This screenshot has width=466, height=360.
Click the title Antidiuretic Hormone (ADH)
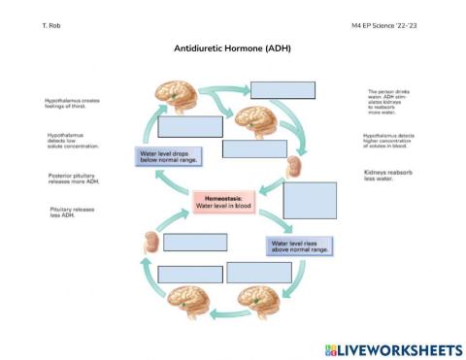[232, 48]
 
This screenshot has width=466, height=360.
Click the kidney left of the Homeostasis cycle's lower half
[150, 243]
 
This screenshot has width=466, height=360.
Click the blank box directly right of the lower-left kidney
[194, 242]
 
